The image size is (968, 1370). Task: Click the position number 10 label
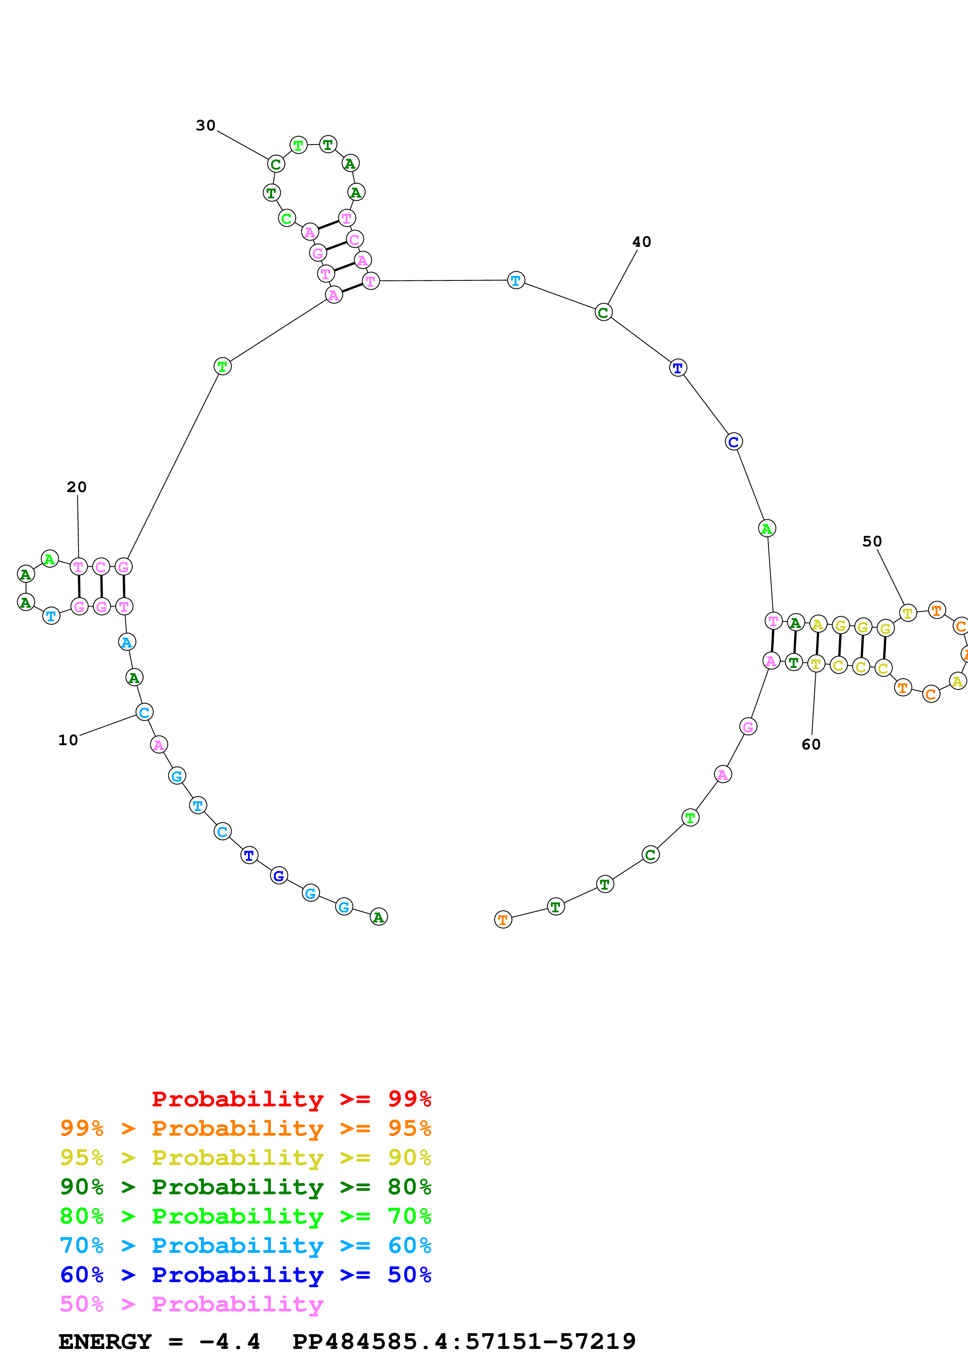(x=68, y=740)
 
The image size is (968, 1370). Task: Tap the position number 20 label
(x=77, y=487)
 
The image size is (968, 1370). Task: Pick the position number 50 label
(x=872, y=541)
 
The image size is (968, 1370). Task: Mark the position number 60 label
(x=811, y=744)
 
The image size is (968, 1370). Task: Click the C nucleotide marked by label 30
(x=276, y=164)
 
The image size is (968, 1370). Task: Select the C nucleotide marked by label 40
(x=604, y=312)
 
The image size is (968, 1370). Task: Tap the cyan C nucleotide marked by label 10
(x=144, y=712)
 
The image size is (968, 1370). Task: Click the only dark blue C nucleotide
(x=734, y=442)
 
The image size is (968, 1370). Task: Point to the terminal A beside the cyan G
(x=379, y=917)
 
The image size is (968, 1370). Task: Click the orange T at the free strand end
(x=503, y=919)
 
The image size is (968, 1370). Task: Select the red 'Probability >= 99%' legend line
(x=291, y=1099)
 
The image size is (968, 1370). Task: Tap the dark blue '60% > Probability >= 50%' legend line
(x=245, y=1275)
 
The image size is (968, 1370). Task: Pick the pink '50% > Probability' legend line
(x=191, y=1304)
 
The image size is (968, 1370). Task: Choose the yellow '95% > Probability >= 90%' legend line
(x=245, y=1158)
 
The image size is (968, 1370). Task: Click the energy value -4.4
(x=230, y=1342)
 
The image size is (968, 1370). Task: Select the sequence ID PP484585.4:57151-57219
(x=464, y=1342)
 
